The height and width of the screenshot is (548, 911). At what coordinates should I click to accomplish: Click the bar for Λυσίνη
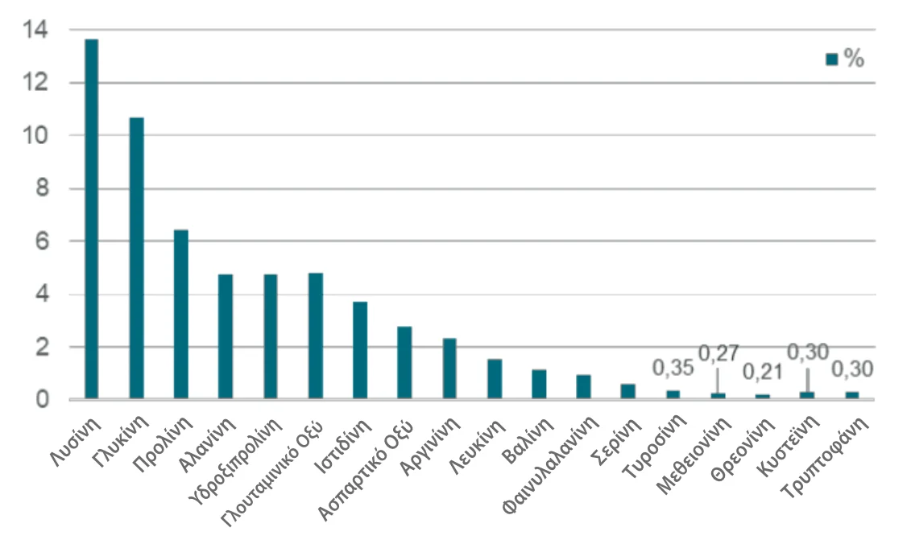pos(92,219)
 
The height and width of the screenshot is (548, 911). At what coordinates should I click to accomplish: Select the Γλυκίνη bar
pos(137,258)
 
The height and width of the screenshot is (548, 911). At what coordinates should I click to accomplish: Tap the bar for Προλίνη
pos(181,315)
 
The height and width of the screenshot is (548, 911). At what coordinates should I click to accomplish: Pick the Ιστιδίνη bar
pos(360,350)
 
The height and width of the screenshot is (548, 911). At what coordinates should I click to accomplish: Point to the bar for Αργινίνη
pos(449,369)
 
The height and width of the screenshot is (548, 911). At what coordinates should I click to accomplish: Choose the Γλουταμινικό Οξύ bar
pos(316,336)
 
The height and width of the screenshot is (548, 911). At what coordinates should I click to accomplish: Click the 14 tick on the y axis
pos(37,31)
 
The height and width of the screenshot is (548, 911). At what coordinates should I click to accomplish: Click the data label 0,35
pos(673,369)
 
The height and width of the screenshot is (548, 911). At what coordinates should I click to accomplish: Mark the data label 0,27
pos(718,352)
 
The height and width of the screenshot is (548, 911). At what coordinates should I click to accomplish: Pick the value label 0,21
pos(762,373)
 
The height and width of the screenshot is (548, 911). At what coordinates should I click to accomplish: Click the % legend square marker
pos(832,60)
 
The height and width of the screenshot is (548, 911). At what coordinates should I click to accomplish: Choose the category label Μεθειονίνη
pos(692,455)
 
